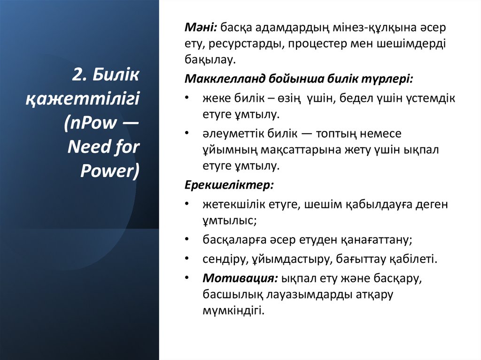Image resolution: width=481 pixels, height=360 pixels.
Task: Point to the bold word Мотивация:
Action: click(240, 278)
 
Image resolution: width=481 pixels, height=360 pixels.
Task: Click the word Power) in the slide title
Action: click(110, 171)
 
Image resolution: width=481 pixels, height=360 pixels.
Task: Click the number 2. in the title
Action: click(80, 74)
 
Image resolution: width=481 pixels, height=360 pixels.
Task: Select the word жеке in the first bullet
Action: click(214, 99)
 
